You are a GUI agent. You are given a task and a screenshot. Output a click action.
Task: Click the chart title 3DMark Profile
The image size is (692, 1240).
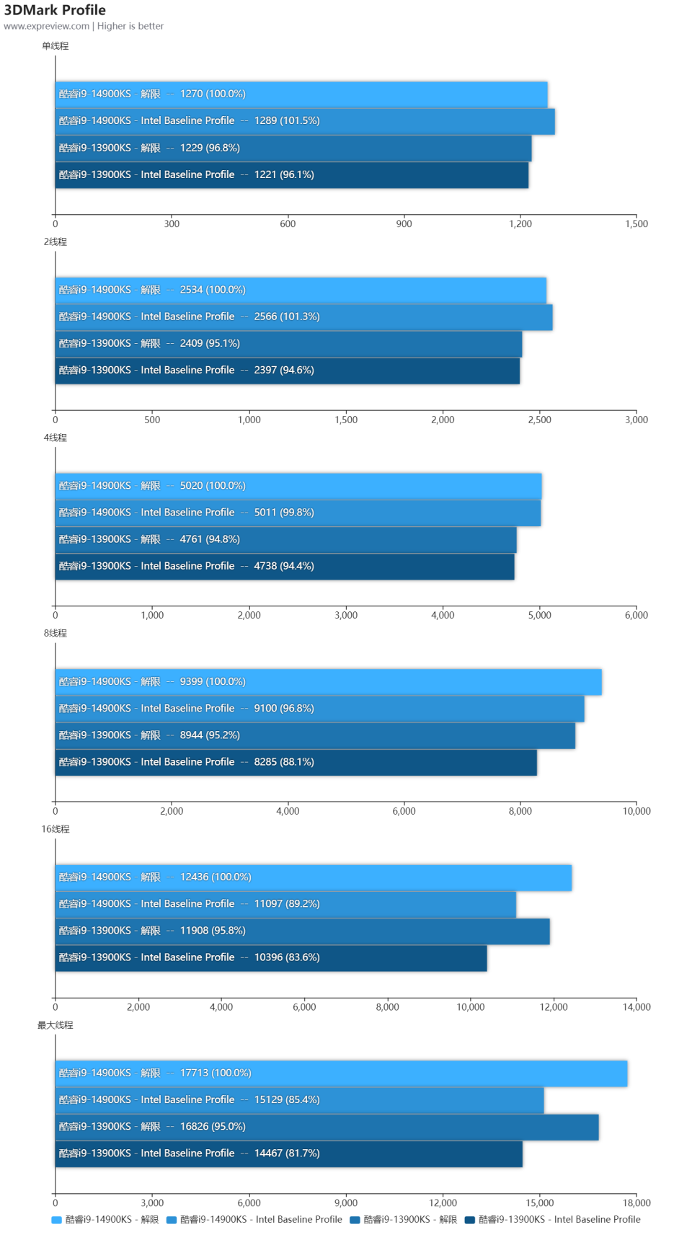pyautogui.click(x=55, y=10)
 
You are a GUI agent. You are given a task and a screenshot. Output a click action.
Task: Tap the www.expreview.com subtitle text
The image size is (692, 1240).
pyautogui.click(x=47, y=26)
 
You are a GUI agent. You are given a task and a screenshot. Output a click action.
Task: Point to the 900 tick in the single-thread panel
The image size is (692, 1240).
pyautogui.click(x=404, y=224)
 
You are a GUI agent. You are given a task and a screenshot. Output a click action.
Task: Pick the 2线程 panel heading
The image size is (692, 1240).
pyautogui.click(x=55, y=242)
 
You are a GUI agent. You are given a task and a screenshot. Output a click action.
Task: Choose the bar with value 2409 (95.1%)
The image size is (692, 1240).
pyautogui.click(x=288, y=344)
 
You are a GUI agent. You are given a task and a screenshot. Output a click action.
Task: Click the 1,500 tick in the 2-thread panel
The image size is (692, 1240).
pyautogui.click(x=346, y=420)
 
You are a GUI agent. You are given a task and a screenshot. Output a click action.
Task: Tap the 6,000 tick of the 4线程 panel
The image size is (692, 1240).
pyautogui.click(x=636, y=616)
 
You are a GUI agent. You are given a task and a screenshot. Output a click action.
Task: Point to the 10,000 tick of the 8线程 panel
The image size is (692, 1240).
pyautogui.click(x=636, y=812)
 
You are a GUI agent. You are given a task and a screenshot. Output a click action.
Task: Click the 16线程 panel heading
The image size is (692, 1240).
pyautogui.click(x=56, y=830)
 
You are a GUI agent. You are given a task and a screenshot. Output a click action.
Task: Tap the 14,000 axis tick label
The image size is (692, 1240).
pyautogui.click(x=636, y=1007)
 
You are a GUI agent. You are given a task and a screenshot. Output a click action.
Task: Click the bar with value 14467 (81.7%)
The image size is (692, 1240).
pyautogui.click(x=288, y=1153)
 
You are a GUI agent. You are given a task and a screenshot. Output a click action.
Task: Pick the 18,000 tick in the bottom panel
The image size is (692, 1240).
pyautogui.click(x=636, y=1203)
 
